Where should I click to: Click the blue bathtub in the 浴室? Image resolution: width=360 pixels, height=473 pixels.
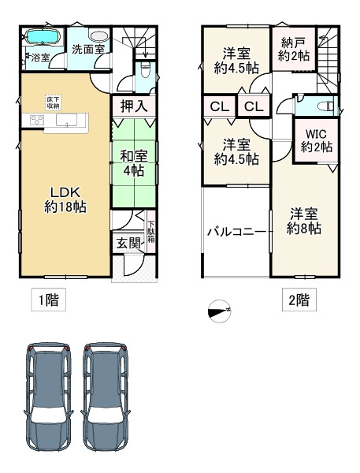point(43,37)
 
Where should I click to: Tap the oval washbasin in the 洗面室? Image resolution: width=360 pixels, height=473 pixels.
point(99,36)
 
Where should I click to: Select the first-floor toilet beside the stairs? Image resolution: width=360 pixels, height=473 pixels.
point(145,72)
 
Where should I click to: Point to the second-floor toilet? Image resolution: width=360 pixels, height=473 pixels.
point(325,106)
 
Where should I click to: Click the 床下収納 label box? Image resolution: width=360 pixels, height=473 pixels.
point(54,102)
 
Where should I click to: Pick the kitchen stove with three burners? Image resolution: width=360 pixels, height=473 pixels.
point(37,121)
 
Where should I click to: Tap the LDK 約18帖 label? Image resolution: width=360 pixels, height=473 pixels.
point(65,199)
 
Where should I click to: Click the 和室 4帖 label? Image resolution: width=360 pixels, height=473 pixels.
point(134,163)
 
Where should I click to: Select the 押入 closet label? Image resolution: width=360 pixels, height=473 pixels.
point(134,106)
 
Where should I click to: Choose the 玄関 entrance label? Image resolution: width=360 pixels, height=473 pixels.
point(128,243)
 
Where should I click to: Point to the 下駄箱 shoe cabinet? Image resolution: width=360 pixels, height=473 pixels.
point(151,233)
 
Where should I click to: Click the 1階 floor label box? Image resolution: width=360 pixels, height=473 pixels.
point(49,300)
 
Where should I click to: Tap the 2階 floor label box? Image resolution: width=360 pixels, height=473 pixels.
point(299,300)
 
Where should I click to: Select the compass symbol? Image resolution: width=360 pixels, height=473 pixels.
point(220,311)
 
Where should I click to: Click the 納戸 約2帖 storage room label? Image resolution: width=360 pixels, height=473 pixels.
point(293,49)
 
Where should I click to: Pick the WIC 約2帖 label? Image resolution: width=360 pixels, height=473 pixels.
point(317,140)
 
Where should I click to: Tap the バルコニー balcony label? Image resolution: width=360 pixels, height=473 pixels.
point(237,232)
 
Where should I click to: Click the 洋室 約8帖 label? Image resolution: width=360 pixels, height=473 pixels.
point(303,221)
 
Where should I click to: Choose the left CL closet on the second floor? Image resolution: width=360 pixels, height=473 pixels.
point(219,106)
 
